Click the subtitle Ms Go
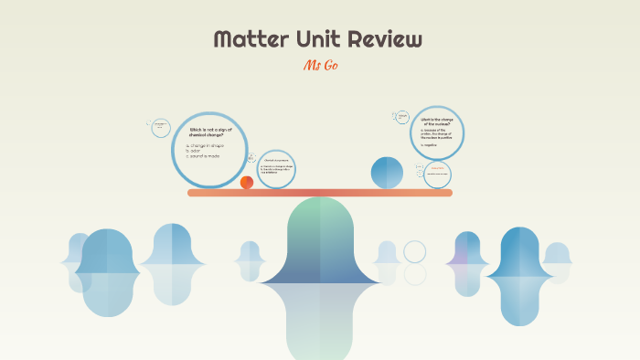click(319, 66)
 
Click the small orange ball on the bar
click(247, 183)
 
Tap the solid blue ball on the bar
click(387, 173)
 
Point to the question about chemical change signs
click(211, 132)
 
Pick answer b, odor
click(195, 150)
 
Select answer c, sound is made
click(205, 156)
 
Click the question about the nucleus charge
click(443, 122)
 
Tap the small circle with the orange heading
click(437, 172)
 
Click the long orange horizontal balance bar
click(320, 193)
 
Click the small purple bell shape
click(467, 250)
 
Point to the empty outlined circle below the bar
click(415, 251)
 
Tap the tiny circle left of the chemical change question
click(159, 127)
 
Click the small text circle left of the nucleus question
click(401, 117)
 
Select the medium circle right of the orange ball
click(276, 169)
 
